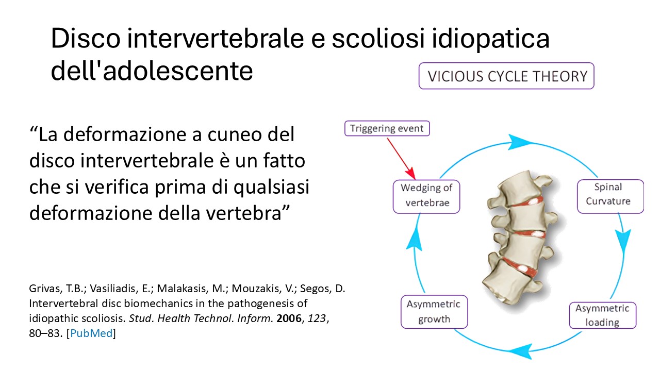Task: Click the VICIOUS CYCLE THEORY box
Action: [506, 76]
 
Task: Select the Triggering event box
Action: [387, 128]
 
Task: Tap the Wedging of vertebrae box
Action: [426, 196]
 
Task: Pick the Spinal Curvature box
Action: [610, 196]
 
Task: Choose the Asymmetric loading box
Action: [603, 315]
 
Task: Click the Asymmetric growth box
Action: [434, 312]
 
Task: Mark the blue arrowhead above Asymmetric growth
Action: [414, 240]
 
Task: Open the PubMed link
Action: [91, 333]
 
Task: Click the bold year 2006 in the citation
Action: [289, 318]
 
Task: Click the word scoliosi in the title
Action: [378, 38]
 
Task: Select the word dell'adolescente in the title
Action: [152, 71]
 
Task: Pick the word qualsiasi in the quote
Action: [271, 188]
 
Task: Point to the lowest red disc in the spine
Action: [520, 267]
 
